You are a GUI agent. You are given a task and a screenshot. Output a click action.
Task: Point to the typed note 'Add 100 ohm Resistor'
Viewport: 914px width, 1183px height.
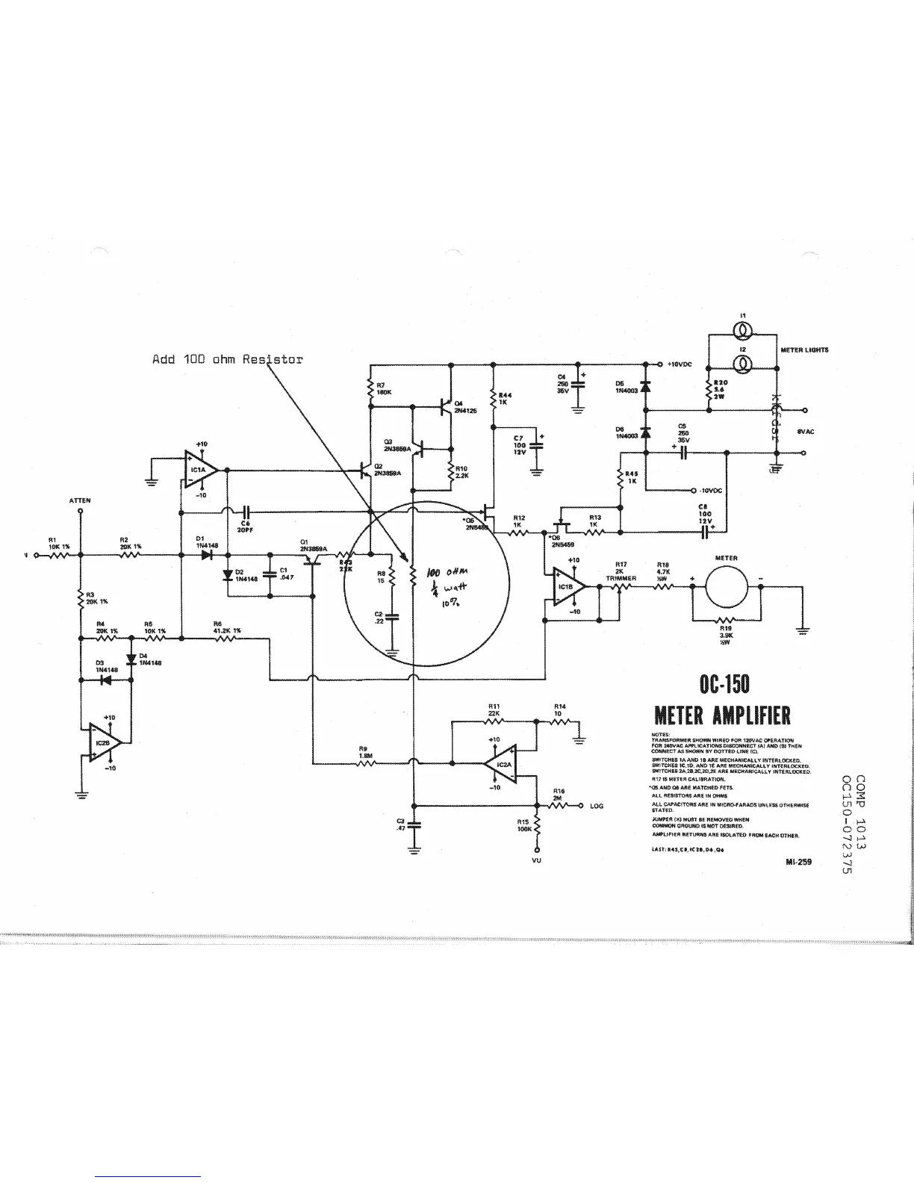228,359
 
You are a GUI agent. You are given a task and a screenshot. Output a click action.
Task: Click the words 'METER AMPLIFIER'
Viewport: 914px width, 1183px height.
722,716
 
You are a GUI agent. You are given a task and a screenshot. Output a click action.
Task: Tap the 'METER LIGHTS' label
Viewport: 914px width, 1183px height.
804,350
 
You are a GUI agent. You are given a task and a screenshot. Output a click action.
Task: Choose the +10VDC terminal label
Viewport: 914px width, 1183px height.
682,364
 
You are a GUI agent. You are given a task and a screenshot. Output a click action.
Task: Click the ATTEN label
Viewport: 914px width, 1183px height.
80,500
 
